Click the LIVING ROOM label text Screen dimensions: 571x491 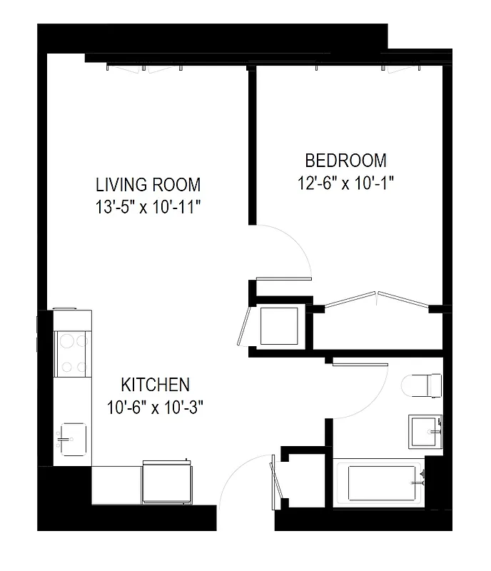coord(148,185)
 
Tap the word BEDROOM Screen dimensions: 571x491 coord(346,161)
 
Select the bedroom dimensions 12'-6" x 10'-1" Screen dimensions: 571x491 coord(346,183)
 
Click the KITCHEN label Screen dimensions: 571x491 coord(155,385)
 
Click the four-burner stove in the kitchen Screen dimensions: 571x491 coord(72,354)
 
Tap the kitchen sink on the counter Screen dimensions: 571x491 coord(71,438)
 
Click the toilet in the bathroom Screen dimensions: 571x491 coord(421,385)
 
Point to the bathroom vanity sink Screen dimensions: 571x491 coord(426,431)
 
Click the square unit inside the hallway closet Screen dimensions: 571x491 coord(279,325)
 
